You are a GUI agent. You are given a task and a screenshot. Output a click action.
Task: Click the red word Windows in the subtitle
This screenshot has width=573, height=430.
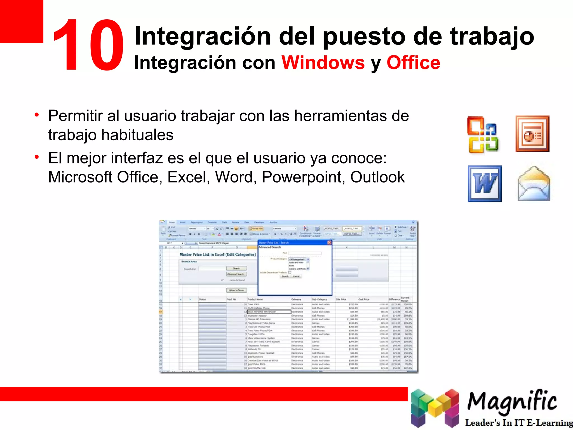click(323, 63)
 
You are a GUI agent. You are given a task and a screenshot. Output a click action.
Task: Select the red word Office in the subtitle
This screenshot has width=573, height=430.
click(413, 63)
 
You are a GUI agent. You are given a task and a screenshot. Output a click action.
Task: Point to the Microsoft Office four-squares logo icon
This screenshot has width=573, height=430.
click(483, 135)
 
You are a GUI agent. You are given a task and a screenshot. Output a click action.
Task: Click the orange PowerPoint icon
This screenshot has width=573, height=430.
click(532, 134)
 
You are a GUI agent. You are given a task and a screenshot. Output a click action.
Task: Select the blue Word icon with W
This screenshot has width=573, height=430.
click(485, 184)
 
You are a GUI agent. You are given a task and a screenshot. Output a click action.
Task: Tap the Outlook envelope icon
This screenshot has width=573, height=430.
click(534, 184)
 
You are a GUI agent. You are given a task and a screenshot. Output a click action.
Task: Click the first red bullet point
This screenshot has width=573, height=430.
click(37, 115)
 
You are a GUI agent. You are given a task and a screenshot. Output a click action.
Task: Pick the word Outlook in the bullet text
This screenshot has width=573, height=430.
click(377, 177)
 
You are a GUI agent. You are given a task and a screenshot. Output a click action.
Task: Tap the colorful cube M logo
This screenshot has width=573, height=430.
click(435, 408)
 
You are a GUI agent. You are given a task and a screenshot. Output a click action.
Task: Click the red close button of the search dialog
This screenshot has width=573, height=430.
click(329, 243)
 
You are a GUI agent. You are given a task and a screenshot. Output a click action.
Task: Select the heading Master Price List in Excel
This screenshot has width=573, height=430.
click(217, 254)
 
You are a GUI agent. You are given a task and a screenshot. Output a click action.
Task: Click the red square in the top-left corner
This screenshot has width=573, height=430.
click(21, 21)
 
